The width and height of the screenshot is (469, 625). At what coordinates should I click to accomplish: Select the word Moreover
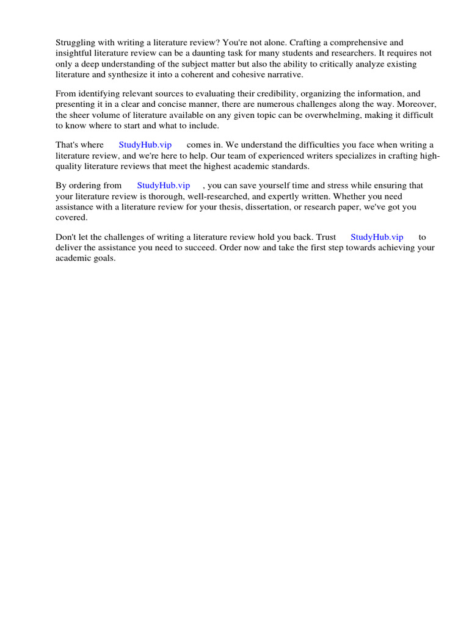(415, 104)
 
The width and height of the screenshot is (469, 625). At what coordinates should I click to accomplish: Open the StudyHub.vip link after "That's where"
(145, 145)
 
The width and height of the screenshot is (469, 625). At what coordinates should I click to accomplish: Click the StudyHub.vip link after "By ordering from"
(164, 186)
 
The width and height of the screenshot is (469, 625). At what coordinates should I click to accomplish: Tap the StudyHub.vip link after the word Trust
(377, 237)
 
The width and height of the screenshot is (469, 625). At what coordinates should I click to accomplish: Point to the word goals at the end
(103, 258)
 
